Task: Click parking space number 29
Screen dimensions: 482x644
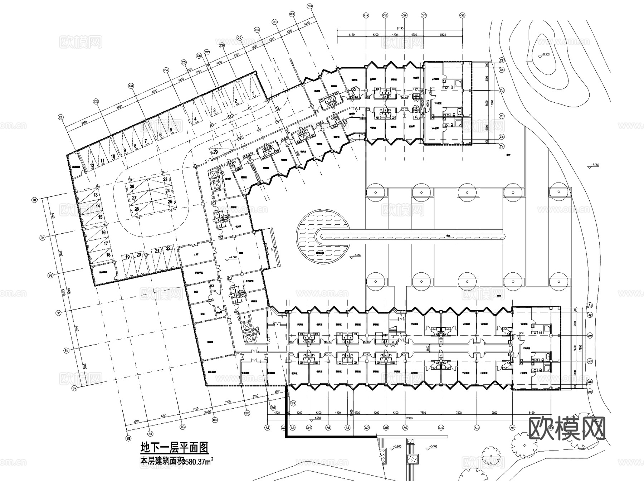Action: point(215,152)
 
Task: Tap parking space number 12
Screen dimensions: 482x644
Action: point(92,165)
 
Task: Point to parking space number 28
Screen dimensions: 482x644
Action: point(136,209)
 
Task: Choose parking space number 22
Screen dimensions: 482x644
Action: point(168,248)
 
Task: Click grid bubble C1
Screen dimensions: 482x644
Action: point(61,117)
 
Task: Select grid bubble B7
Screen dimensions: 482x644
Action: point(293,403)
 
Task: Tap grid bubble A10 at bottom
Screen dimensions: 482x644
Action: point(441,427)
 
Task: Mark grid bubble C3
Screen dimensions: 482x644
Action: point(131,86)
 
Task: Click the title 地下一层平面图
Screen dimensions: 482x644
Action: point(174,447)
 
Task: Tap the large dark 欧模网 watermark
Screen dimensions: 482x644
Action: point(567,428)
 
